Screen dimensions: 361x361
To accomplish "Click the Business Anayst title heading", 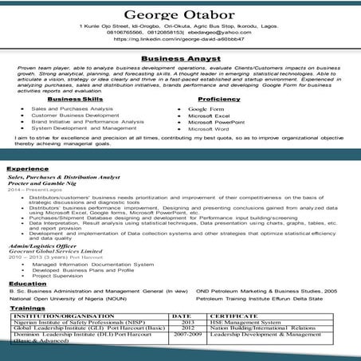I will (x=180, y=58).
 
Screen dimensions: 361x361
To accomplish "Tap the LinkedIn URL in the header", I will (x=180, y=38).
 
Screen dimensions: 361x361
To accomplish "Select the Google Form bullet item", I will (x=206, y=108).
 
